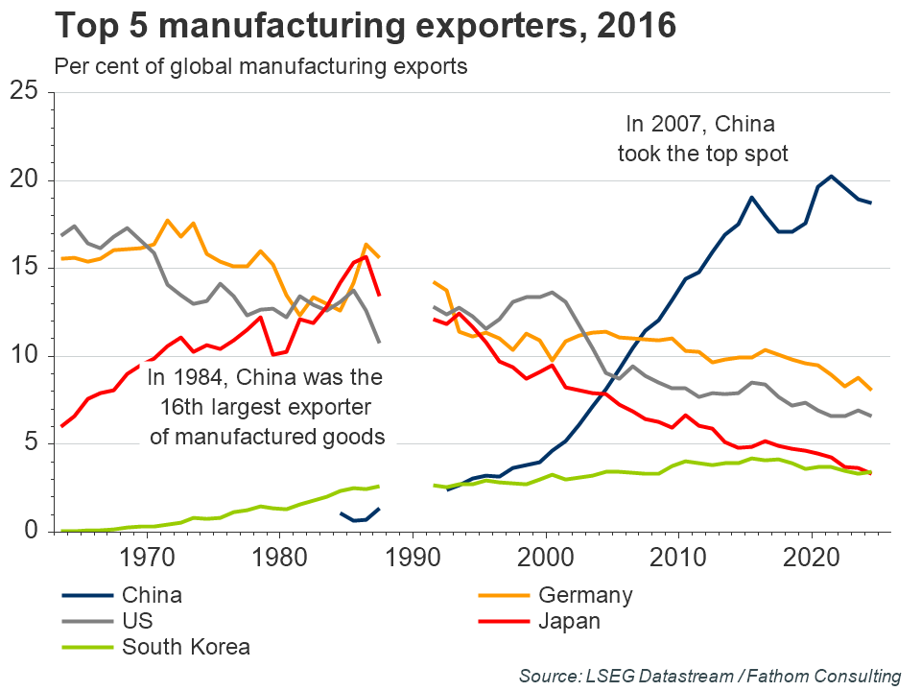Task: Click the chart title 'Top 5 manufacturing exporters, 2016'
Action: tap(365, 27)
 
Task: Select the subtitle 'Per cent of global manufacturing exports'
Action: tap(261, 67)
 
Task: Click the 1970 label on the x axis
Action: tap(147, 557)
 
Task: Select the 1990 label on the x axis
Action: tap(413, 557)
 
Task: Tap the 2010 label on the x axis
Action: tap(679, 557)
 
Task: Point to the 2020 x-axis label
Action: tap(813, 557)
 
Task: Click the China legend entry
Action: tap(152, 595)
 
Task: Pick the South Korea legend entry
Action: tap(185, 647)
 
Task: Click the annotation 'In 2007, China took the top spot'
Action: tap(702, 139)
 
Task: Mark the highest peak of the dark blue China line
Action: tap(831, 176)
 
